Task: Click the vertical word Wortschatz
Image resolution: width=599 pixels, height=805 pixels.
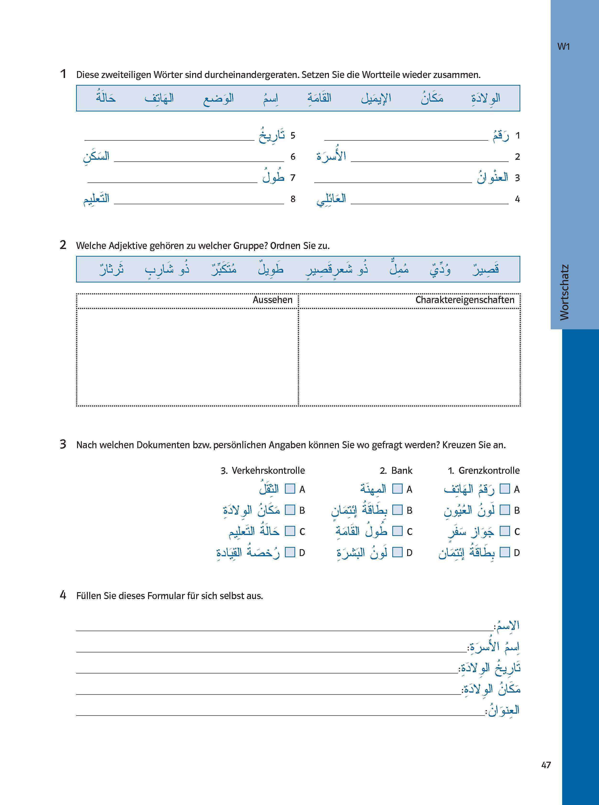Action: coord(564,292)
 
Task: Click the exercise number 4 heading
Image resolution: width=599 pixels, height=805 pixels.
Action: coord(63,595)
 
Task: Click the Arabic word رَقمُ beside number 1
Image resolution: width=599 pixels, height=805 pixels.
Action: coord(501,136)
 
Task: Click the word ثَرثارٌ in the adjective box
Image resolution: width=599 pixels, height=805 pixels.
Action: coord(112,269)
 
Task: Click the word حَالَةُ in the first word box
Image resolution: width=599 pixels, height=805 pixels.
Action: coord(106,98)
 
